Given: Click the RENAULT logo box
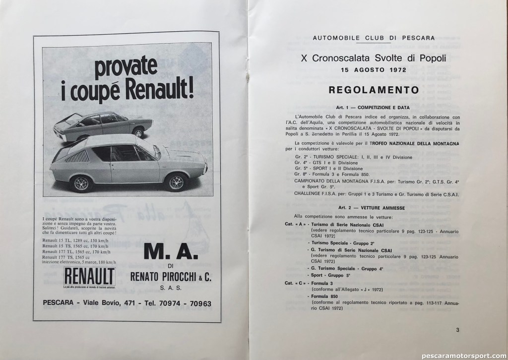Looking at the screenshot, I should click(89, 275).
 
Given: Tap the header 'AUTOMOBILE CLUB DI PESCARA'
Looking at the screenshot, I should click(375, 38).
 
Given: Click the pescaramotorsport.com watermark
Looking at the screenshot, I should click(461, 354).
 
